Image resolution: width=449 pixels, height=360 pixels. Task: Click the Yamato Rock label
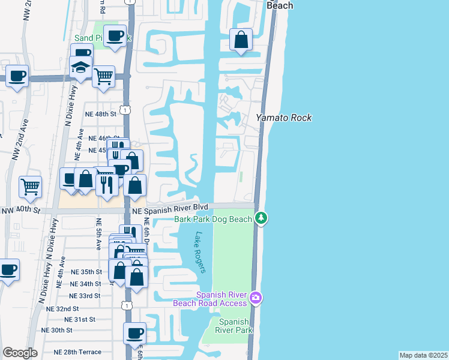pos(284,118)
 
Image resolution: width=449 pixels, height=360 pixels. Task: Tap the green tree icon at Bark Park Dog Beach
pos(261,218)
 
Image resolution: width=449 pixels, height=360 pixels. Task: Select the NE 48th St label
pos(100,113)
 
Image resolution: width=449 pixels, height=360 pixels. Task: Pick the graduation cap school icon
pos(79,68)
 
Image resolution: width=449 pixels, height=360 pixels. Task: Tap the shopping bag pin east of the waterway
pos(241,41)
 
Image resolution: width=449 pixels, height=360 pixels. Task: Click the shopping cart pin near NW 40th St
pos(30,187)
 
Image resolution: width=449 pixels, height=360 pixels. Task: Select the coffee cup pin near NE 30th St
pos(134,332)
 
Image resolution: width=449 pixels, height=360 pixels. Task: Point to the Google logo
pos(20,353)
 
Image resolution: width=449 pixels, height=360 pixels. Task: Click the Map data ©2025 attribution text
pos(424,355)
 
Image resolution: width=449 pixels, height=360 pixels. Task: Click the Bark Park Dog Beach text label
pos(213,219)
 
